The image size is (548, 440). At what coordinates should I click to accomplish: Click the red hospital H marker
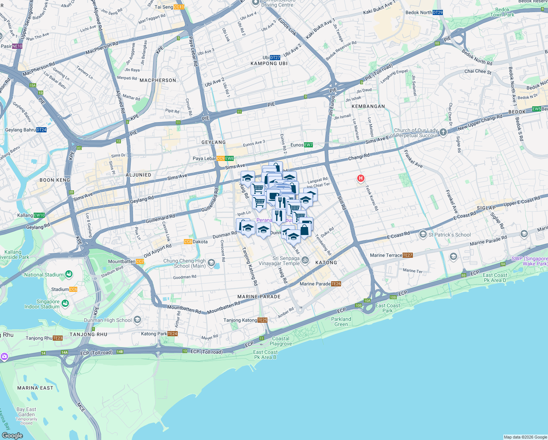tap(361, 179)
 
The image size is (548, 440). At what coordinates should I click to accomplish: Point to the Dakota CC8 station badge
tap(188, 242)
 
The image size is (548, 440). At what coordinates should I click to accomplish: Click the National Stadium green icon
tap(68, 274)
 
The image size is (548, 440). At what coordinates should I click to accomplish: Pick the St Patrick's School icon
tap(423, 234)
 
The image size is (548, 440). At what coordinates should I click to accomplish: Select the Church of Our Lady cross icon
tap(443, 132)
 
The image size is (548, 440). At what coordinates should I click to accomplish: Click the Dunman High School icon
tap(137, 320)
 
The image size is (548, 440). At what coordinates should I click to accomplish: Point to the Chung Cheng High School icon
tap(211, 263)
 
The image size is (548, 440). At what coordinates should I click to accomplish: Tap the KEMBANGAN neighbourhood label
tap(368, 106)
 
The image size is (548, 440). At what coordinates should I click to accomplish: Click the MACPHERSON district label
tap(158, 80)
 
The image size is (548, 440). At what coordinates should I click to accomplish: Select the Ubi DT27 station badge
tap(275, 58)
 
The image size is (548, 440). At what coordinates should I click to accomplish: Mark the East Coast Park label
tap(388, 308)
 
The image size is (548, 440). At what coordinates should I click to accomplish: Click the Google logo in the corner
tap(12, 435)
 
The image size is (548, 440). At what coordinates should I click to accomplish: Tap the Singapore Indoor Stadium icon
tap(65, 304)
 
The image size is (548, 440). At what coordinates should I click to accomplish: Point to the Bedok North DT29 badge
tap(437, 12)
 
